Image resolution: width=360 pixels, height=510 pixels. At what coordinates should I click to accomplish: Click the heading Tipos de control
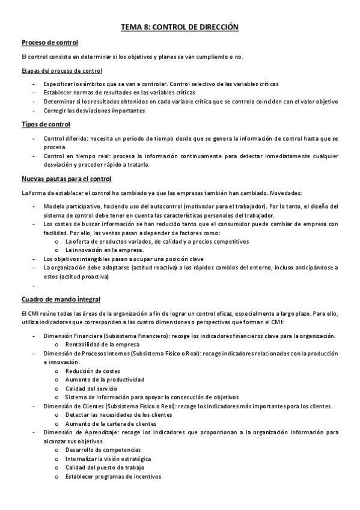point(46,124)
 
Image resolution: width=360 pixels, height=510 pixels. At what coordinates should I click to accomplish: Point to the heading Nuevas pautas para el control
point(66,179)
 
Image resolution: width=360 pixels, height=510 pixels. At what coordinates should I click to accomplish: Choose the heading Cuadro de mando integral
point(61,299)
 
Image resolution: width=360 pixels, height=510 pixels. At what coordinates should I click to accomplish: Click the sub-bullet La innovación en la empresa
point(105,250)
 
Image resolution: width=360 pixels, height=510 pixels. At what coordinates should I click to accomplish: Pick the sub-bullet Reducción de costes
point(93,371)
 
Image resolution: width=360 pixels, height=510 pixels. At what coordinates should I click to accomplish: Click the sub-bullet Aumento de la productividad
point(105,379)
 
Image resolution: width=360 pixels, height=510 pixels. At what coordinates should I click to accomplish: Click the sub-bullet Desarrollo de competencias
point(103,450)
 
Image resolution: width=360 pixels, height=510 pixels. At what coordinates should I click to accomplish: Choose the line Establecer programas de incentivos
point(113,476)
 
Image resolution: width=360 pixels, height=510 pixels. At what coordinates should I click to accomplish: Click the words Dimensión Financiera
point(71,336)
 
